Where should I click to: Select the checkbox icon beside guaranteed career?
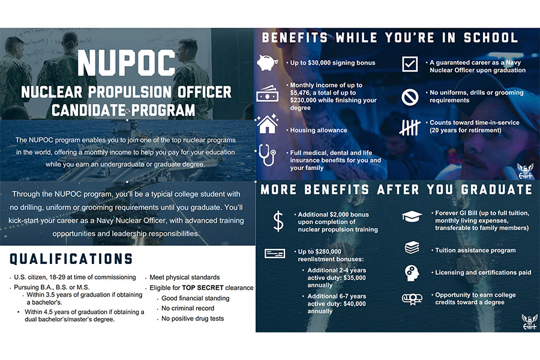coord(410,64)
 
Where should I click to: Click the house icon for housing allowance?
coord(267,125)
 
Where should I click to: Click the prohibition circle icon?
coord(410,96)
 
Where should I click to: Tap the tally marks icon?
coord(410,127)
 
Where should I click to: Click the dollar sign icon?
coord(278,221)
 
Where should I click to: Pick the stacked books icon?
coord(412,247)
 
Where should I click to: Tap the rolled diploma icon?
coord(412,298)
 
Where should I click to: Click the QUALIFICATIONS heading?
coord(71,259)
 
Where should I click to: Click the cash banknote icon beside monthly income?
coord(267,95)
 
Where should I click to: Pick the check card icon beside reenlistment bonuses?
coord(275,254)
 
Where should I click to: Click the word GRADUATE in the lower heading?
coord(496,190)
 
